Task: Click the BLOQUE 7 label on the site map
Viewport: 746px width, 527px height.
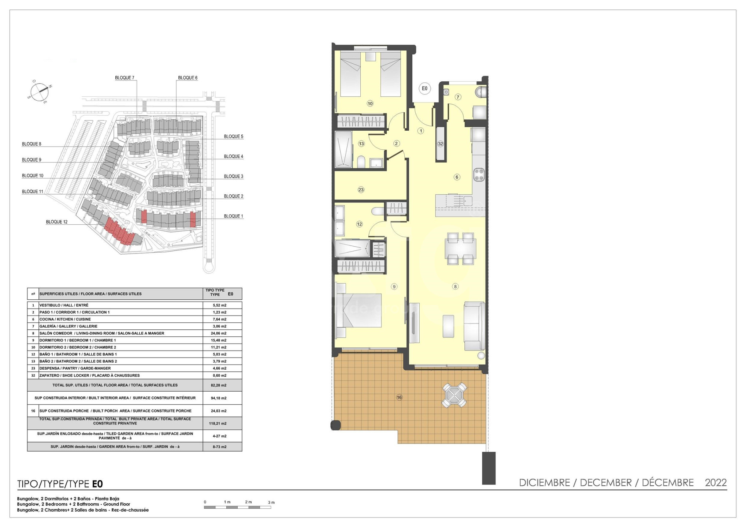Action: [125, 78]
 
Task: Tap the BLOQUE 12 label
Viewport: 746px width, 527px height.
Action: [57, 222]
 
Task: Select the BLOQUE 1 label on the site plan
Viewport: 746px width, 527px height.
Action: [234, 216]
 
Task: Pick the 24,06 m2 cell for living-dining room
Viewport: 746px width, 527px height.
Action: [220, 333]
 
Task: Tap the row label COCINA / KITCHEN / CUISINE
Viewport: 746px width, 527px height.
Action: [65, 319]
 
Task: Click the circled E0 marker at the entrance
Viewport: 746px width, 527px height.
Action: [424, 88]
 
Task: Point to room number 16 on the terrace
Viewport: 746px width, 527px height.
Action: [399, 397]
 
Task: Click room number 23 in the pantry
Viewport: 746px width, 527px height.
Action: [361, 190]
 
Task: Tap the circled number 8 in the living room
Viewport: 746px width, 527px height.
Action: [455, 287]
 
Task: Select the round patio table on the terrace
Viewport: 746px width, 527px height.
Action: [454, 395]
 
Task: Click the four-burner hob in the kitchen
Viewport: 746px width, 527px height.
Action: [479, 175]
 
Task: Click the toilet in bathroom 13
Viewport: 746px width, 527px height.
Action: [361, 162]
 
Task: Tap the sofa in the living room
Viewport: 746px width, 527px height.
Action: [475, 326]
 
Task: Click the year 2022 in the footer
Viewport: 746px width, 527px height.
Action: [716, 483]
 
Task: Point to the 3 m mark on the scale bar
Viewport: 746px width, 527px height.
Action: [271, 502]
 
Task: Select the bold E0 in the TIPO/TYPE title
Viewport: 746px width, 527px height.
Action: [97, 484]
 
